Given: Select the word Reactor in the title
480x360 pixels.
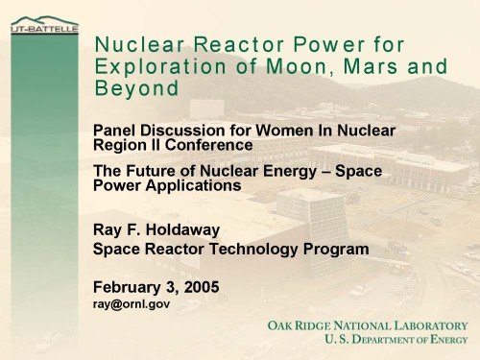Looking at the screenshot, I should (x=221, y=45).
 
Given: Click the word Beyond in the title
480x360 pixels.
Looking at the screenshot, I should (x=136, y=88).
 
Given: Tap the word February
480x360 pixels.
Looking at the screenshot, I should (x=130, y=286).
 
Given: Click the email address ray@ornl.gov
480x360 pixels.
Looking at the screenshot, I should (x=132, y=303).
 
